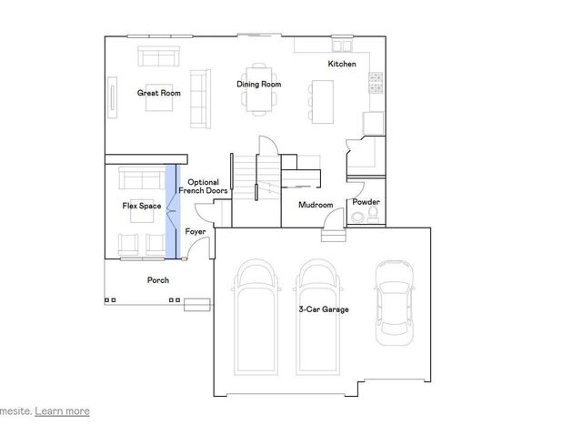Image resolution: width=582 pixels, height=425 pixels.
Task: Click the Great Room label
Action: pos(159,93)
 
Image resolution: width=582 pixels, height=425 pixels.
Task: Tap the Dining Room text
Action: pos(258,85)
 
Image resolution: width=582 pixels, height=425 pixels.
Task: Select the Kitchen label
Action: pos(342,64)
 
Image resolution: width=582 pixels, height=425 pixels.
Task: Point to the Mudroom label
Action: pos(316,205)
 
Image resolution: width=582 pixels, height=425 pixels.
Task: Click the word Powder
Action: pos(366,202)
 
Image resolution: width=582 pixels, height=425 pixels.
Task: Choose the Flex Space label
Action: pos(142,206)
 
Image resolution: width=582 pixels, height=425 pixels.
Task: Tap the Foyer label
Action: pos(196,232)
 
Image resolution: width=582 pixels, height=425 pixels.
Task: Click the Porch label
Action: pos(158,280)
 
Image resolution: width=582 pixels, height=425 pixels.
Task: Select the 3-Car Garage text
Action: pos(324,309)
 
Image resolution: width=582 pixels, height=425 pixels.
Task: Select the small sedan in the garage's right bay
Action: pos(396,299)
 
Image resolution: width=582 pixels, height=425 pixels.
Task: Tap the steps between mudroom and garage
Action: pos(334,236)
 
